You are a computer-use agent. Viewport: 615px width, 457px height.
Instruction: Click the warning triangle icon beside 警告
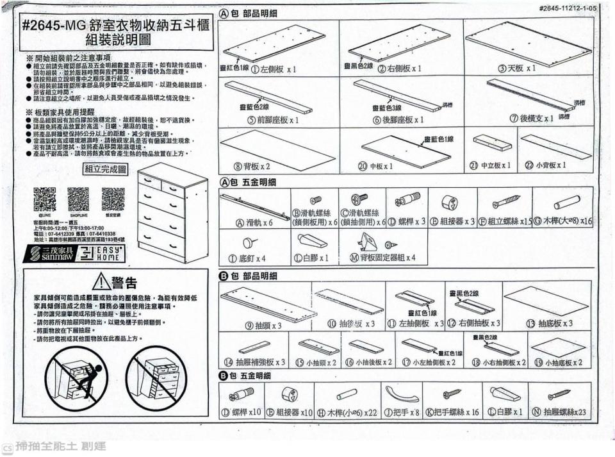[x=102, y=282]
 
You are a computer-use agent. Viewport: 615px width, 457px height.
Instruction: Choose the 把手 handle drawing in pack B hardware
[x=400, y=394]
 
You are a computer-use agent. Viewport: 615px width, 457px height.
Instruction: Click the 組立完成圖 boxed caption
[x=106, y=169]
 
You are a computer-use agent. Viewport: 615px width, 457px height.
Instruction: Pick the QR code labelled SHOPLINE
[x=78, y=199]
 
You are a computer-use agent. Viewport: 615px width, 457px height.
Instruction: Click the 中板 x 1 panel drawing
[x=405, y=151]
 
